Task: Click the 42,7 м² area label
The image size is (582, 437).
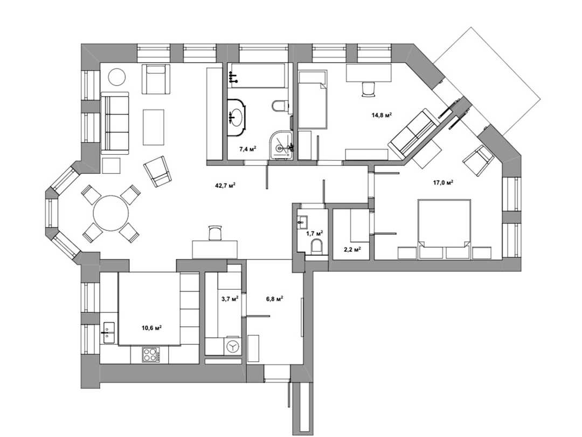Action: click(x=226, y=186)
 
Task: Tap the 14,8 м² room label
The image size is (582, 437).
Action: click(x=382, y=115)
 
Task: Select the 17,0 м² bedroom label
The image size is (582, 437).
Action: click(x=443, y=182)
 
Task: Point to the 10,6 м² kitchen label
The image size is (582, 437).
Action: click(x=151, y=328)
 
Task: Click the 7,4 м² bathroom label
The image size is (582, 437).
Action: click(x=247, y=149)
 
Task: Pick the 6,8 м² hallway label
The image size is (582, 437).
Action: click(x=275, y=298)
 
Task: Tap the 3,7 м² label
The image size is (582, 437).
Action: click(x=230, y=298)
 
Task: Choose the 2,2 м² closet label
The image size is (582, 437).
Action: click(x=352, y=250)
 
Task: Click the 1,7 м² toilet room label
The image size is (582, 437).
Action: click(x=314, y=234)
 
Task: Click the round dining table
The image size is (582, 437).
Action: click(x=110, y=214)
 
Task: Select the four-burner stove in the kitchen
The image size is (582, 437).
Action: click(x=151, y=354)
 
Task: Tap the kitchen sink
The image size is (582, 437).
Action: click(x=109, y=332)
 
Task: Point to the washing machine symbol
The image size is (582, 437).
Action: click(x=232, y=347)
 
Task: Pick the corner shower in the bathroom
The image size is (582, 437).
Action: click(x=282, y=145)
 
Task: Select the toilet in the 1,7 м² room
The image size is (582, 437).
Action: click(x=316, y=246)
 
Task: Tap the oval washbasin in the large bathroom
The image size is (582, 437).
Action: click(x=236, y=117)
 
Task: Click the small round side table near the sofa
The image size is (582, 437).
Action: click(x=116, y=77)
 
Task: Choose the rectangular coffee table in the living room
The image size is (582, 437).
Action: click(x=154, y=127)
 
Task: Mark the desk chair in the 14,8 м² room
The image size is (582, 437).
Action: click(x=368, y=90)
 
